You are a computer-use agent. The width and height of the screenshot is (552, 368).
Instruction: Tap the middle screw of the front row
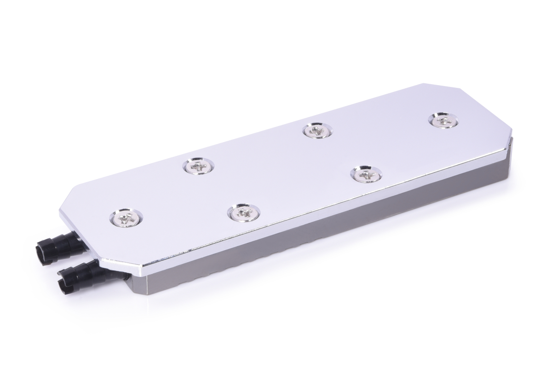[243, 212]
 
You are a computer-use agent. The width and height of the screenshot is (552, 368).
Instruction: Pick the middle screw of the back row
[317, 131]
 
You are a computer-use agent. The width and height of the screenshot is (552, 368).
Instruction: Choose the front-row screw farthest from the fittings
[366, 174]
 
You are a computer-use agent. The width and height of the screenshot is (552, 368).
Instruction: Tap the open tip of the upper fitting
[40, 252]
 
